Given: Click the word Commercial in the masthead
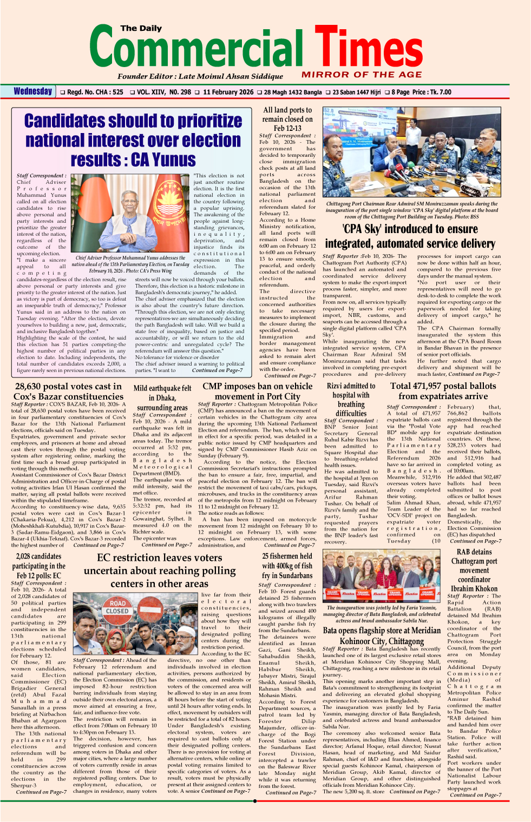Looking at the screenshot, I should click(x=196, y=50).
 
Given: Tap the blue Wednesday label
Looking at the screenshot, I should click(x=33, y=91).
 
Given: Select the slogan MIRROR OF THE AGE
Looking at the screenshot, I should click(x=362, y=75).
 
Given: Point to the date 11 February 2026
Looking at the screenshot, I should click(x=228, y=92).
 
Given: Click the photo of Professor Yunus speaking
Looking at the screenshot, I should click(x=132, y=214).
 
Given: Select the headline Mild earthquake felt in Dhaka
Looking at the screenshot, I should click(x=162, y=397).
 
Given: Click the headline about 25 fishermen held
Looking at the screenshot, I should click(x=287, y=566).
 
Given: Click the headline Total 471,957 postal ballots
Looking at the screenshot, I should click(x=443, y=390).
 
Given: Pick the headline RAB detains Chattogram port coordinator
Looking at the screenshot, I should click(x=474, y=570).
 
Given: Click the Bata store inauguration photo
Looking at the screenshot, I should click(x=381, y=576).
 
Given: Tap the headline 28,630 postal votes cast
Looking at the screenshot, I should click(x=68, y=391).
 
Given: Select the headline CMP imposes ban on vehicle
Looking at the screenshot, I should click(x=257, y=391).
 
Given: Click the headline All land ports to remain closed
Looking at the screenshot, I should click(x=287, y=119).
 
